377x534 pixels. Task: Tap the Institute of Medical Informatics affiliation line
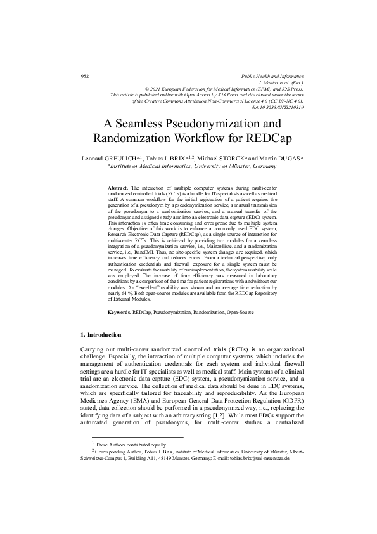[x=193, y=166]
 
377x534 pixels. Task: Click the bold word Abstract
[x=118, y=189]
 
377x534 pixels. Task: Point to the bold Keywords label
[x=120, y=313]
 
